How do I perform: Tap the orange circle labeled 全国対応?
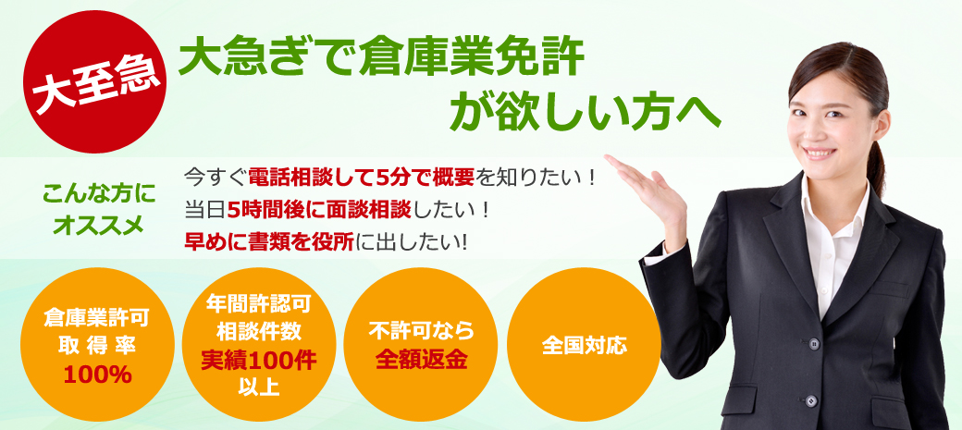(585, 345)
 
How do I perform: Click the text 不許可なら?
(421, 331)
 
